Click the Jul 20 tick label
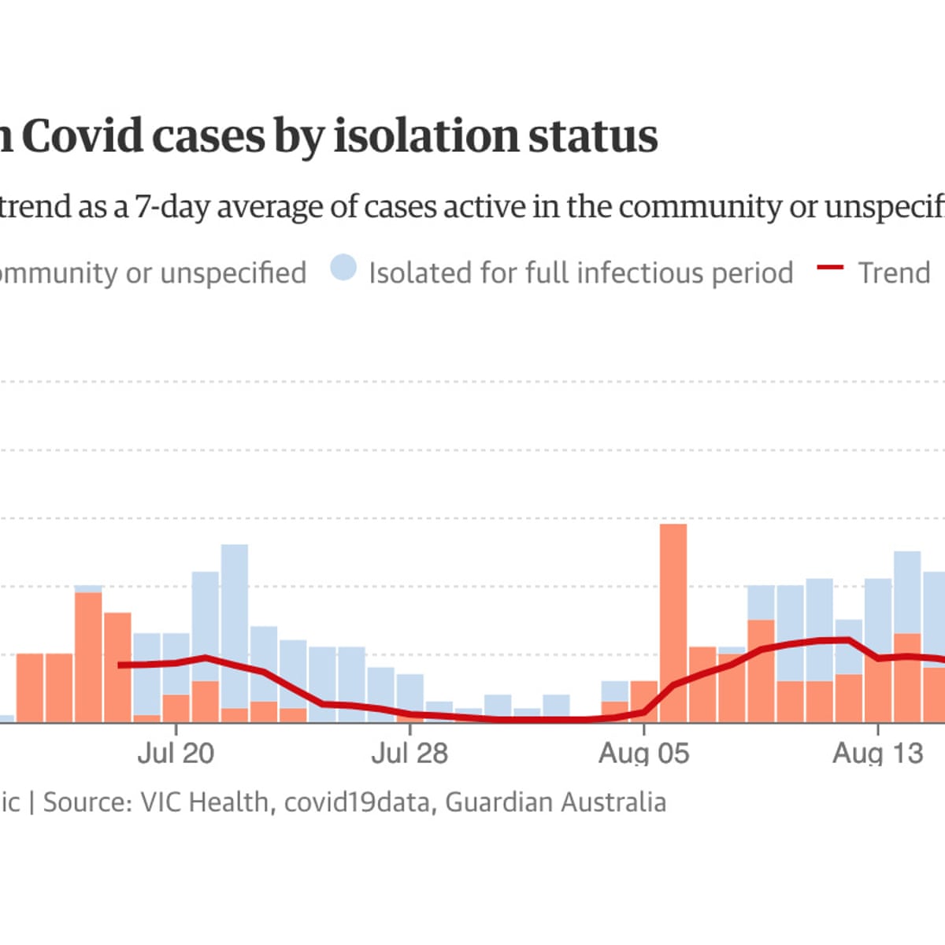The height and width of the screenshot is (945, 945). [175, 753]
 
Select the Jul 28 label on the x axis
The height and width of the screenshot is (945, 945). [409, 753]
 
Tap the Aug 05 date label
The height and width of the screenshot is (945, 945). [643, 753]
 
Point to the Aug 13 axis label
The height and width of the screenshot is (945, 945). [877, 753]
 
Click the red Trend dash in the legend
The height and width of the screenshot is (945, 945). [830, 269]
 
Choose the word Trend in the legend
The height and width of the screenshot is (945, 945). [894, 272]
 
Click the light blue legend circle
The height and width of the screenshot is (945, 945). [343, 268]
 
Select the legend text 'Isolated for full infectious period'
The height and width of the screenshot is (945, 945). [580, 272]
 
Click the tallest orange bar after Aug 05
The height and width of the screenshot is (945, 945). [673, 622]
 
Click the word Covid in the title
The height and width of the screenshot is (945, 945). [83, 136]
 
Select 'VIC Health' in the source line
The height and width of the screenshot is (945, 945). [204, 802]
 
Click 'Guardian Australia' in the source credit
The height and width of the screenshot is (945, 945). [555, 802]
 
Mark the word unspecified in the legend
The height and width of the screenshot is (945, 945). [233, 272]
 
